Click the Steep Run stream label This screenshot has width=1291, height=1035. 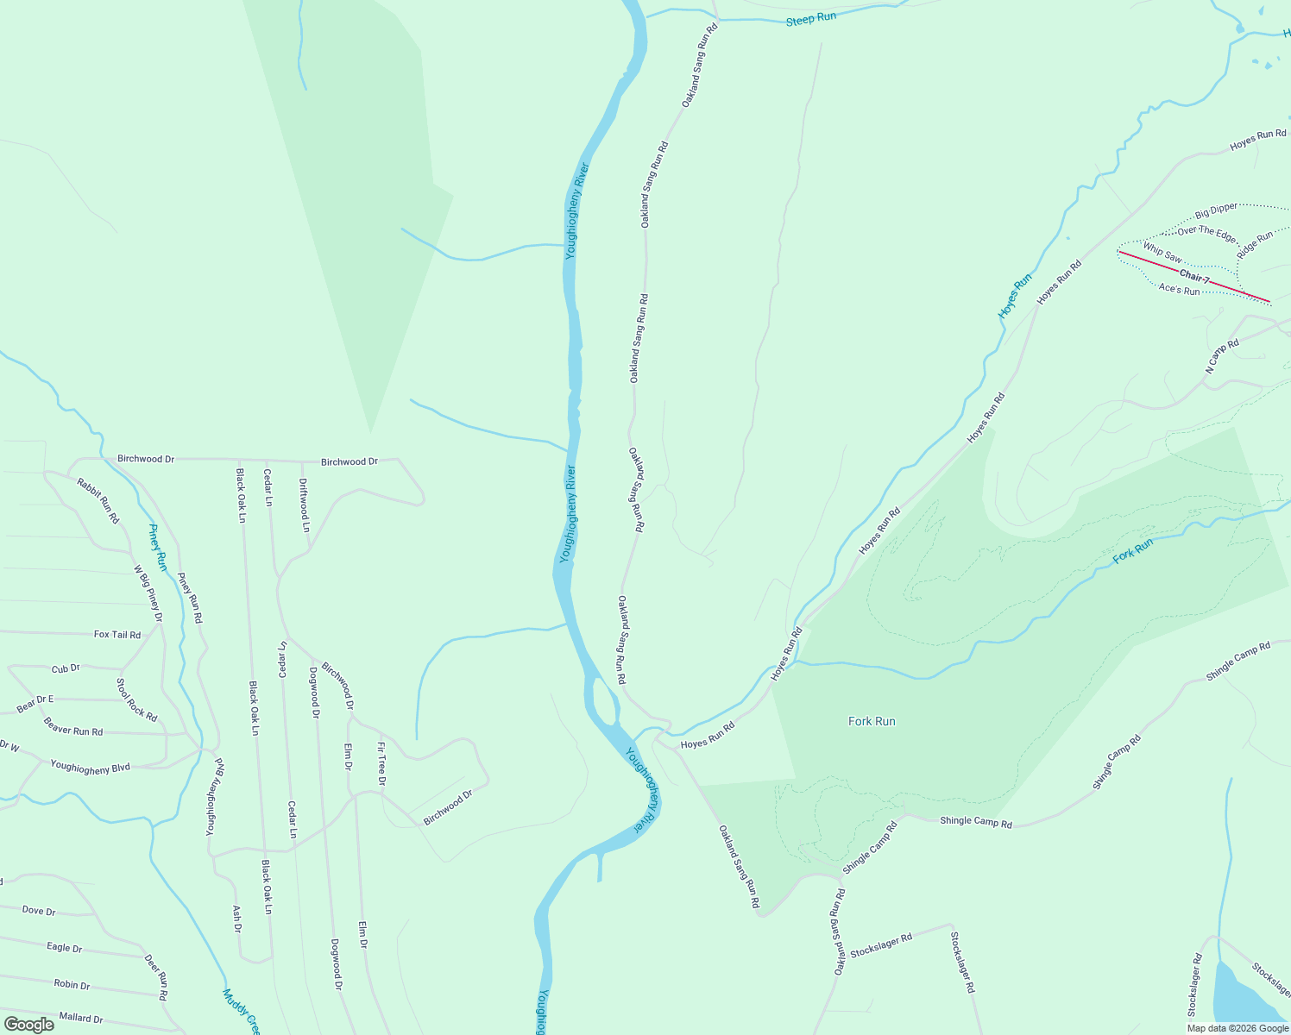810,18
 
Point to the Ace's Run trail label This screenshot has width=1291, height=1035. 1179,290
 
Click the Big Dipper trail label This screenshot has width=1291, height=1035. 1216,210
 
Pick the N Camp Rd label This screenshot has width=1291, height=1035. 1222,356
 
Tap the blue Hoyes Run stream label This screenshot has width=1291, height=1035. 1015,296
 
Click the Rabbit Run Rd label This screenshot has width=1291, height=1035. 98,500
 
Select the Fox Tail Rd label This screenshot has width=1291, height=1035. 117,634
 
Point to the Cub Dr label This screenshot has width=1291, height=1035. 66,668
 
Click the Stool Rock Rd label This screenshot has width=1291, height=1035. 136,699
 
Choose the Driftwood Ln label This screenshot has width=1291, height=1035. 304,505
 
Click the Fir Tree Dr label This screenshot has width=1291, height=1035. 381,763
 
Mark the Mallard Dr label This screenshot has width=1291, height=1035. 81,1018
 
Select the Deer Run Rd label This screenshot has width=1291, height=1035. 156,976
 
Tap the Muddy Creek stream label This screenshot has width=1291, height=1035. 241,1011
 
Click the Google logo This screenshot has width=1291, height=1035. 28,1025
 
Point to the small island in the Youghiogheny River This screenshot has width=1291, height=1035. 602,699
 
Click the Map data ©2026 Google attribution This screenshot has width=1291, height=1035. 1237,1027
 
